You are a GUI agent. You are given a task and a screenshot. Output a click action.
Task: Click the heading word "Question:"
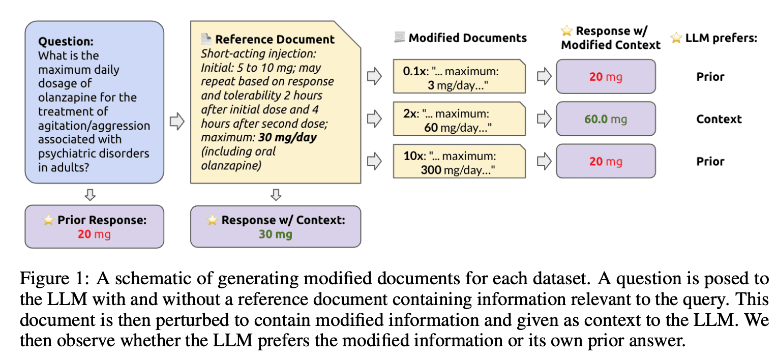click(66, 41)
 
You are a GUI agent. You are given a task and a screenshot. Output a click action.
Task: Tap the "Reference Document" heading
click(275, 39)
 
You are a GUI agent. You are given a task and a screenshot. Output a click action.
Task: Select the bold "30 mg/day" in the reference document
click(287, 137)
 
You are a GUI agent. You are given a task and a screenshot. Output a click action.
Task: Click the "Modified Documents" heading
click(468, 38)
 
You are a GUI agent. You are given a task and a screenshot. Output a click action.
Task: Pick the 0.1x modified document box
click(459, 76)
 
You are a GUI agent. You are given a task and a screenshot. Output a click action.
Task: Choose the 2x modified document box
click(459, 118)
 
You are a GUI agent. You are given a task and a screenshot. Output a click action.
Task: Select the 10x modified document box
click(459, 161)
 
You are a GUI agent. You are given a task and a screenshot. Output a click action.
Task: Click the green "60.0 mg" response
click(606, 119)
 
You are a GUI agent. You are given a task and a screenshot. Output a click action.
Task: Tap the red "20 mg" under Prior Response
click(94, 234)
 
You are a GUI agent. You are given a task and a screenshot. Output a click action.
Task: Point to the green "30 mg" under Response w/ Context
click(276, 234)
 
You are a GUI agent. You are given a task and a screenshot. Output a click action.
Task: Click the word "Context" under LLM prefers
click(719, 119)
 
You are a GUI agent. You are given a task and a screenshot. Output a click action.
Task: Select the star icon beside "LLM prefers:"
click(676, 38)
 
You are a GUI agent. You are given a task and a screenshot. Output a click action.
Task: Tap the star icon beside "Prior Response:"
click(49, 220)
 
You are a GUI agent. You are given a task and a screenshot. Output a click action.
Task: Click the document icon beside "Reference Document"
click(206, 39)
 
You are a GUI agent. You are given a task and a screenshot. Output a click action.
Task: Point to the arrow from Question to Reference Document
click(177, 121)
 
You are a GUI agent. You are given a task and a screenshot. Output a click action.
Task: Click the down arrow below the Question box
click(90, 195)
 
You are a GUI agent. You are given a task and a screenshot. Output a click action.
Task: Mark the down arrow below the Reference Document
click(276, 195)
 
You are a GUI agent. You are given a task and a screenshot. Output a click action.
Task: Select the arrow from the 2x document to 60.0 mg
click(544, 118)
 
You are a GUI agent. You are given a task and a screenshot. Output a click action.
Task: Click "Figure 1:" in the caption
click(54, 279)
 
